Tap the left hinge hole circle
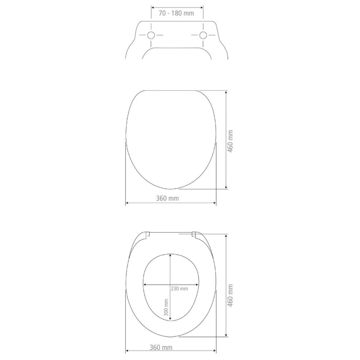151,35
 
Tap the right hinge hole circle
203,35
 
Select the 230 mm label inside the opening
179,289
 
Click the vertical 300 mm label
166,309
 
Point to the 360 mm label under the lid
168,198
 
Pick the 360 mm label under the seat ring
161,348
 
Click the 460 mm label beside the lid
231,141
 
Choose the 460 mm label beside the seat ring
231,295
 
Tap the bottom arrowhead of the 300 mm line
170,320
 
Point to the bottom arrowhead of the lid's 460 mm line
226,187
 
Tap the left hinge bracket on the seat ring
147,235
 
